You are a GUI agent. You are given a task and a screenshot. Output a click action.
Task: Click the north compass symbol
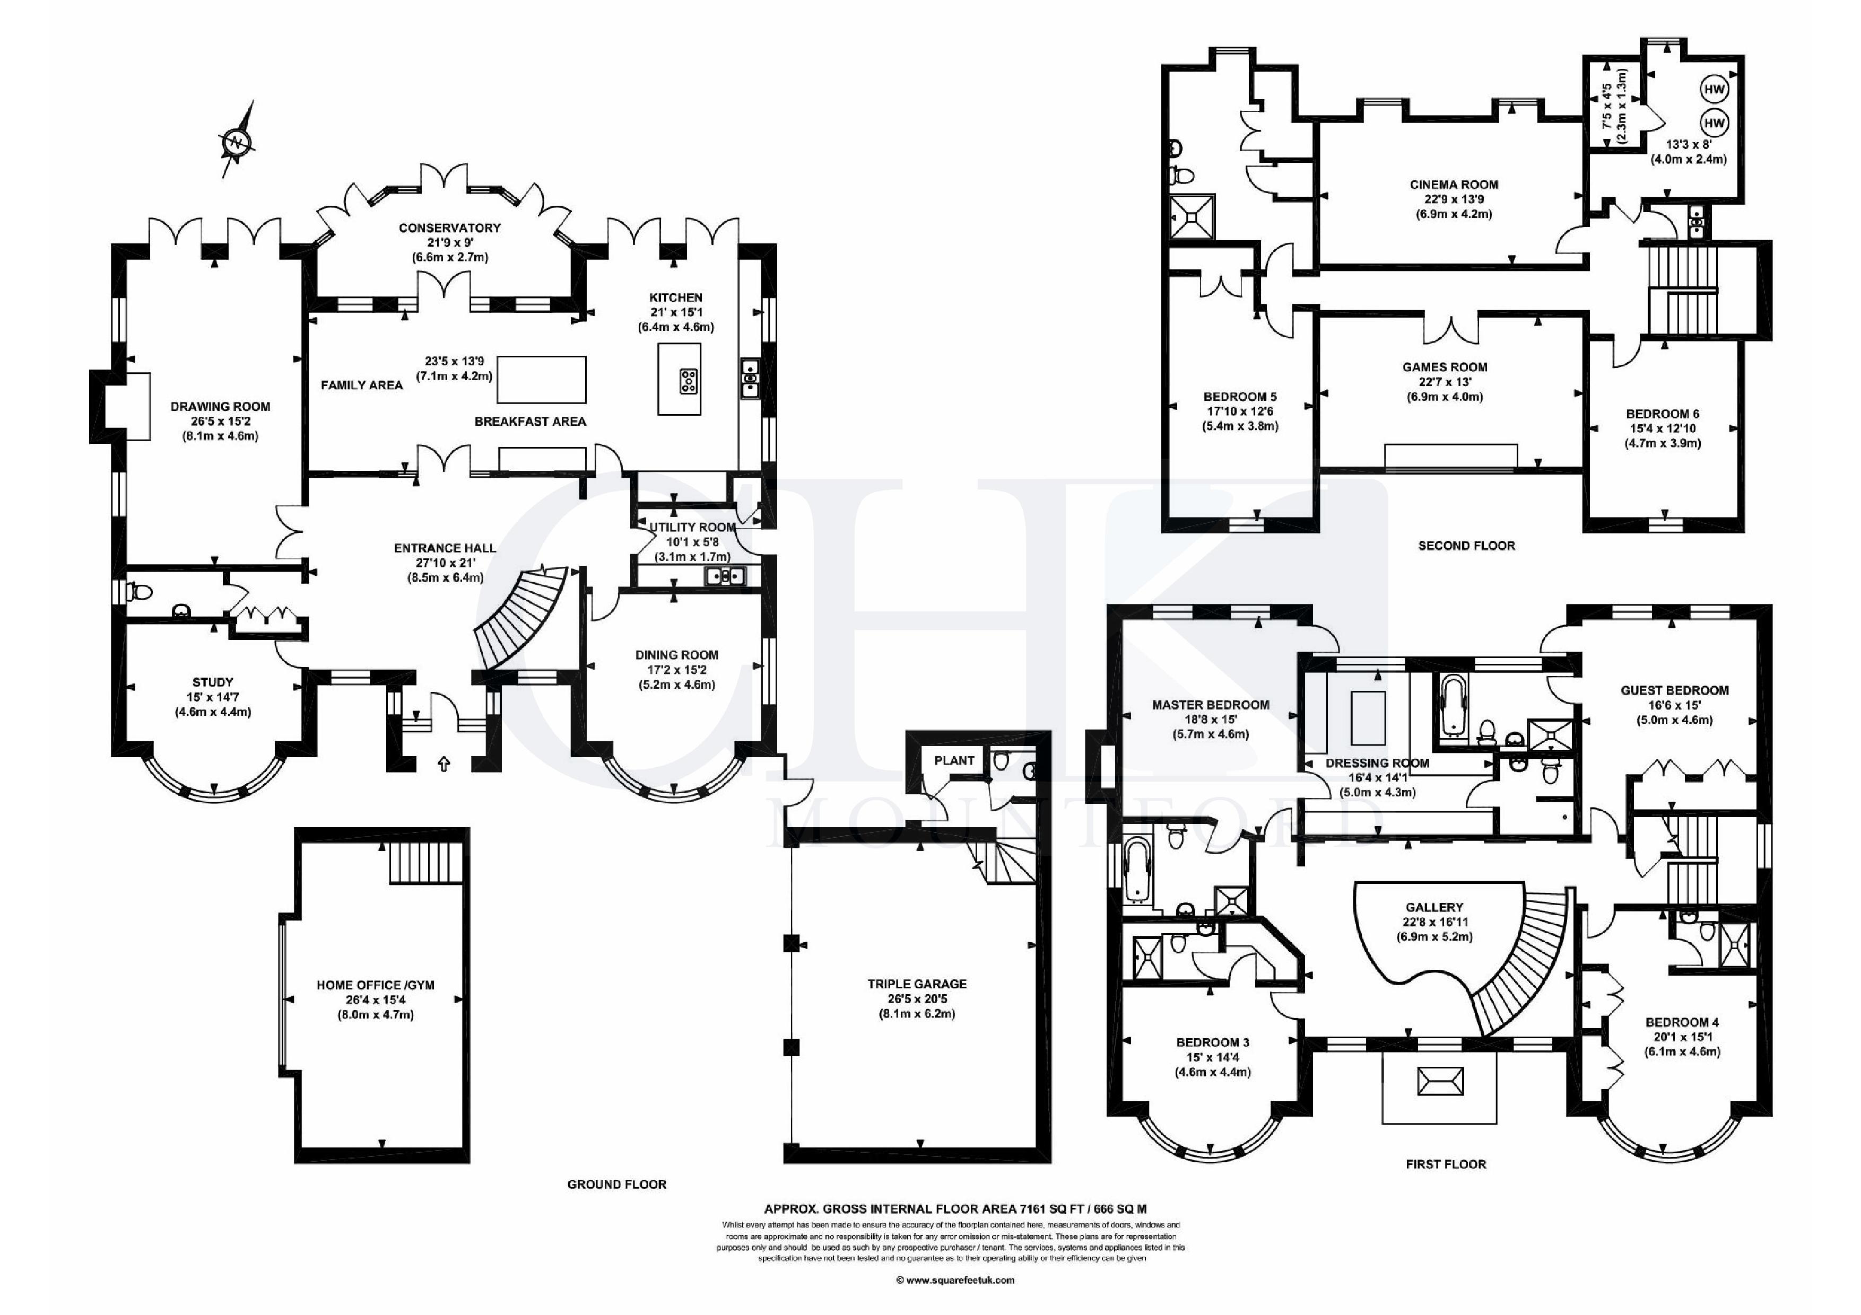pos(238,143)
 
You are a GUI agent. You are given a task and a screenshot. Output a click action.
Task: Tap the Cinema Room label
pos(1454,185)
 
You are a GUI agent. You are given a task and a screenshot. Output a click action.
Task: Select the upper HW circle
pos(1714,90)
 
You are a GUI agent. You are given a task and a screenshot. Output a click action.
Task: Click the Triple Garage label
pos(918,984)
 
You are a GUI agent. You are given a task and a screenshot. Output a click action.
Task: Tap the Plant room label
pos(954,760)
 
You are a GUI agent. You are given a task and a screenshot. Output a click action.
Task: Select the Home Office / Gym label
pos(375,985)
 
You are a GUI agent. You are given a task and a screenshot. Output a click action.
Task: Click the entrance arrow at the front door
pos(444,762)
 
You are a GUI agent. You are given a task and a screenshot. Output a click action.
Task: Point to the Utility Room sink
pos(725,576)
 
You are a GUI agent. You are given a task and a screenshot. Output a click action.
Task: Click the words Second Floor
pos(1466,546)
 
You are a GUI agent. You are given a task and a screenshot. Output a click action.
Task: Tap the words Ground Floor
pos(617,1185)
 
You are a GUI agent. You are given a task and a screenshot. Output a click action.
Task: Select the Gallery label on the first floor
pos(1434,907)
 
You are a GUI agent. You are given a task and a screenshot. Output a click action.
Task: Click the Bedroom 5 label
pos(1240,397)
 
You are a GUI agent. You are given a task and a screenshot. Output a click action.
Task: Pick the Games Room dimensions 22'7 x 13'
pos(1445,382)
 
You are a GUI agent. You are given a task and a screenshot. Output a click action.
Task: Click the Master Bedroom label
pos(1211,705)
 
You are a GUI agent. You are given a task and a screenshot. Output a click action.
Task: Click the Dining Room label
pos(677,655)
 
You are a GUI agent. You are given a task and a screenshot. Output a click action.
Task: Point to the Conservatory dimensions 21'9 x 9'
pos(450,243)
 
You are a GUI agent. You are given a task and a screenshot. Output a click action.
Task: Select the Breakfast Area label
pos(530,422)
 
